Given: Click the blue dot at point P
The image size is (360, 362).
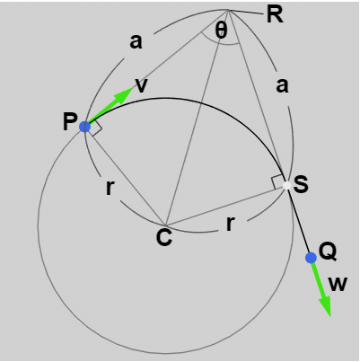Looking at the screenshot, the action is point(85,127).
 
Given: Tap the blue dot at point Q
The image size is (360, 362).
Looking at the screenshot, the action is point(311,258).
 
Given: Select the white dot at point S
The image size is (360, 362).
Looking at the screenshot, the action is point(286,185).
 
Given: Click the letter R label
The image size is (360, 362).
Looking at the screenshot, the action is point(275,14).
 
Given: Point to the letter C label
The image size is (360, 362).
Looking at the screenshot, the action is point(164,237).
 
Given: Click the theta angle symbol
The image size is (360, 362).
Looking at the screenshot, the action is point(222,31).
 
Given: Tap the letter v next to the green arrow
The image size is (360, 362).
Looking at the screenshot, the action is point(142,86).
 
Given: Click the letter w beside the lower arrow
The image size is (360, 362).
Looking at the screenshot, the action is point(338,285).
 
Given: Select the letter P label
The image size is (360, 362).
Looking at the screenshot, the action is point(70,122).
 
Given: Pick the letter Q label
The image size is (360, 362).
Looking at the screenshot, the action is point(328,252).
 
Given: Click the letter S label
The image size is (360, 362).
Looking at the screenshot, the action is point(301,184).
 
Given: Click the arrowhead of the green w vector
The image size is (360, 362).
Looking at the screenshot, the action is point(325,306).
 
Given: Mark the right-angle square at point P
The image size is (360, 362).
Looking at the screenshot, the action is point(96,129).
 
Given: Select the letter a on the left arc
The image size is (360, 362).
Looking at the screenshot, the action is point(136,41).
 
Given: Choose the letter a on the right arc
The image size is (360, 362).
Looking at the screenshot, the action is point(282,86).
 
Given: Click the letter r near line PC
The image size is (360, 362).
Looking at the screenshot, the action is point(110,188).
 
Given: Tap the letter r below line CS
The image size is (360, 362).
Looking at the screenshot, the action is point(230,225).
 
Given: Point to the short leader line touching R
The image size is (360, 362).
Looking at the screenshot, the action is point(245,12).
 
